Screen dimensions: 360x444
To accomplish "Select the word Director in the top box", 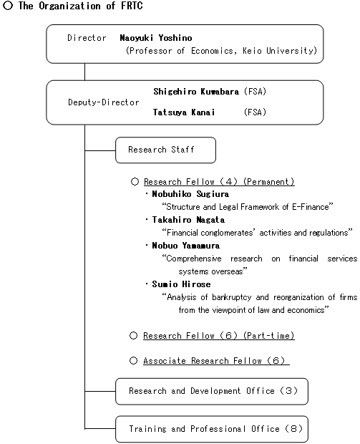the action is click(x=87, y=37).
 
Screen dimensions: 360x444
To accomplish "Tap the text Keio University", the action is click(x=283, y=51).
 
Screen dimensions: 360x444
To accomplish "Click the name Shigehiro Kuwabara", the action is click(x=196, y=92).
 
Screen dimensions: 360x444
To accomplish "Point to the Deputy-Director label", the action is click(x=103, y=102).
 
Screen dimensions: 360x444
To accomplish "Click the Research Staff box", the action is click(x=165, y=150).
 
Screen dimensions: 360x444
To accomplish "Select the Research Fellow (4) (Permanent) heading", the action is click(x=218, y=182).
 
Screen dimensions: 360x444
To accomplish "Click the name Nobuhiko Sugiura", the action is click(x=190, y=194).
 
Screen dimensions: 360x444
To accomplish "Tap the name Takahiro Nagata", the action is click(x=188, y=220).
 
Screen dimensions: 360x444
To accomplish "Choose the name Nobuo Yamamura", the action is click(x=185, y=246).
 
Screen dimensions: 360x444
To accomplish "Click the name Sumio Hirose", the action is click(x=181, y=284).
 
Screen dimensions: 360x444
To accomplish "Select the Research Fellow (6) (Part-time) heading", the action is click(x=218, y=336).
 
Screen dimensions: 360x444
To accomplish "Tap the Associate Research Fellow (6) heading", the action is click(x=215, y=361).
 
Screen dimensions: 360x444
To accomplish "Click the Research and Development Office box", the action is click(x=211, y=391).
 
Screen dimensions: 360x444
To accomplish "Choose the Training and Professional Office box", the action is click(x=211, y=429).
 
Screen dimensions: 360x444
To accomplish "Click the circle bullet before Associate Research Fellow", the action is click(x=134, y=361).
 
